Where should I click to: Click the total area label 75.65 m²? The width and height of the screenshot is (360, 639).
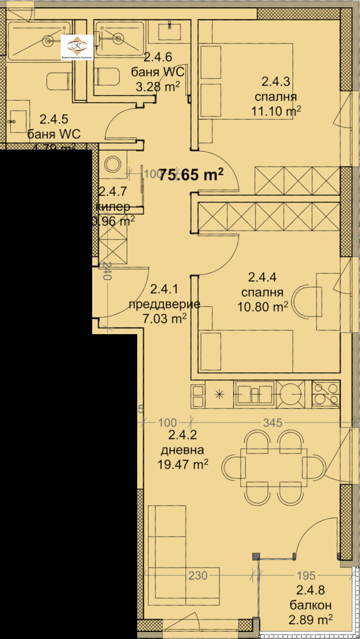[192, 175]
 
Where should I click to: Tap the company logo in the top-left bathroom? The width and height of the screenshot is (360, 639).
[77, 47]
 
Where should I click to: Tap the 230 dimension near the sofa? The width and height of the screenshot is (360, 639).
[198, 576]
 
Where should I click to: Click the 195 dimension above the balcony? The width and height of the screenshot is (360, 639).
[306, 576]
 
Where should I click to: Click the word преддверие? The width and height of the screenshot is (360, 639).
[164, 304]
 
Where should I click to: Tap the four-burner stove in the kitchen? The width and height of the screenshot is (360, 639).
[326, 394]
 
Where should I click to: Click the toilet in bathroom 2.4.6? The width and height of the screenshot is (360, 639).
[107, 76]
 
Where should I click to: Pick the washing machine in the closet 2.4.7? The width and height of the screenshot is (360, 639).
[112, 163]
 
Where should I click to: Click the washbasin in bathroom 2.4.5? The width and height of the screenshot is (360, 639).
[17, 121]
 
